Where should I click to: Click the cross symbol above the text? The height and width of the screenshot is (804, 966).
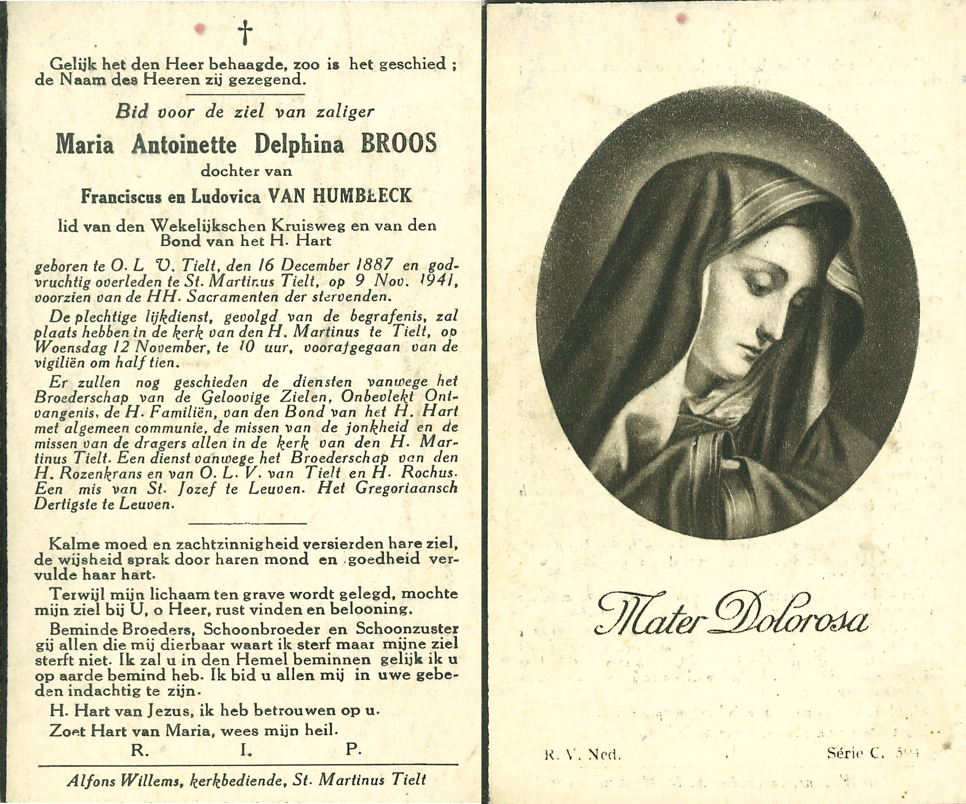(x=245, y=33)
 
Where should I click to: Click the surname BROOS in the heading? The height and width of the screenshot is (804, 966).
(x=398, y=144)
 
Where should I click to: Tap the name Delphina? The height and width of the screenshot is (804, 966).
(x=299, y=145)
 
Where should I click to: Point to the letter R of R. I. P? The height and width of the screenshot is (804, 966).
(x=137, y=750)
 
